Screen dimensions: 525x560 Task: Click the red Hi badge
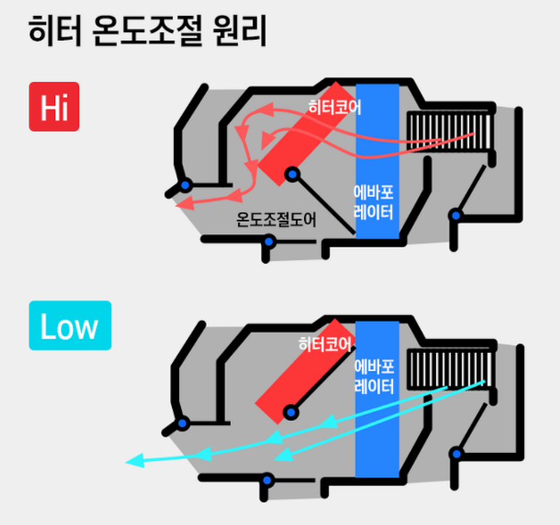[54, 106]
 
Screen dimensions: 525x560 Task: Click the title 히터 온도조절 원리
[148, 31]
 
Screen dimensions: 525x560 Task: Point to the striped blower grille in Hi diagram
[450, 129]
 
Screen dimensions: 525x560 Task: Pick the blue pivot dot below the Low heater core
[290, 412]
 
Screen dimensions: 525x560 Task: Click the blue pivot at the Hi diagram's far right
[456, 215]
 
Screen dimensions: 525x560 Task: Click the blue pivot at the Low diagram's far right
[457, 454]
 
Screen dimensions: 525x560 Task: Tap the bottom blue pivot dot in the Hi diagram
[268, 242]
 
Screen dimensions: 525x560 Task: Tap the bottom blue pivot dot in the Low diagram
[266, 480]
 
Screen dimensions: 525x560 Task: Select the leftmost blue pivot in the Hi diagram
[185, 185]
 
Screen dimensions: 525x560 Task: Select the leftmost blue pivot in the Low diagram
[183, 424]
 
